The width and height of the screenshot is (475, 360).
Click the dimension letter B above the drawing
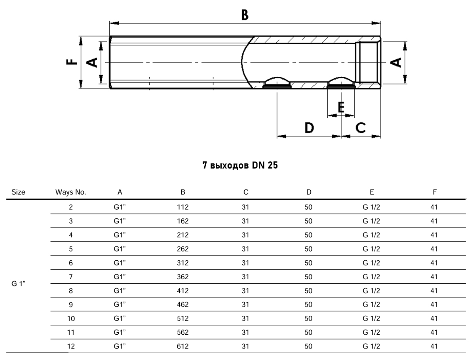[x=245, y=15]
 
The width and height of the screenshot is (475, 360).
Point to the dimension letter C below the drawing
[x=361, y=127]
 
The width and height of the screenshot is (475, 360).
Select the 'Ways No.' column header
[x=71, y=192]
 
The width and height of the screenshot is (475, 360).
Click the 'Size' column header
[x=19, y=192]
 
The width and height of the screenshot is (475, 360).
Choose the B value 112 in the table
[x=183, y=207]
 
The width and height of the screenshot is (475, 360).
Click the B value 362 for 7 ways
[x=183, y=277]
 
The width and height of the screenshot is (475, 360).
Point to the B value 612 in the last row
[x=183, y=346]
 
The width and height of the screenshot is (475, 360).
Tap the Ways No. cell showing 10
[x=71, y=318]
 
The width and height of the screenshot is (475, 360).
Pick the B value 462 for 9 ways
[x=183, y=305]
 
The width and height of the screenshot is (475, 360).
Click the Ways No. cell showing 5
[x=71, y=249]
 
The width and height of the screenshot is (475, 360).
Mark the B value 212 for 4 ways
[x=183, y=235]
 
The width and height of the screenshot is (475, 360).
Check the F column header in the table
[x=435, y=192]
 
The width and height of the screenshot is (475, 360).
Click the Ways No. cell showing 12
[x=71, y=346]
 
